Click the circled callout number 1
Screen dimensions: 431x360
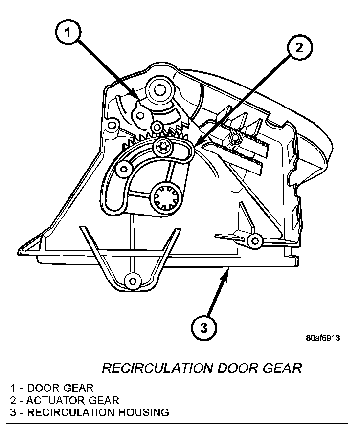click(68, 34)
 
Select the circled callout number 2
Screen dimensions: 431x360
click(299, 48)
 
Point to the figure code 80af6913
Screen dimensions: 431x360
click(323, 338)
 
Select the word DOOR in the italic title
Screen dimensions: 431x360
click(237, 368)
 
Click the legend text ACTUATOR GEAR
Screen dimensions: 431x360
click(73, 400)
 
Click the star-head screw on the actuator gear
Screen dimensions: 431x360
click(162, 146)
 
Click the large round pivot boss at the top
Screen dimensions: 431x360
click(160, 90)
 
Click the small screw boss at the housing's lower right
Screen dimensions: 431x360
click(254, 239)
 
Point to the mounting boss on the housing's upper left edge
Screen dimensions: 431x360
click(112, 125)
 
